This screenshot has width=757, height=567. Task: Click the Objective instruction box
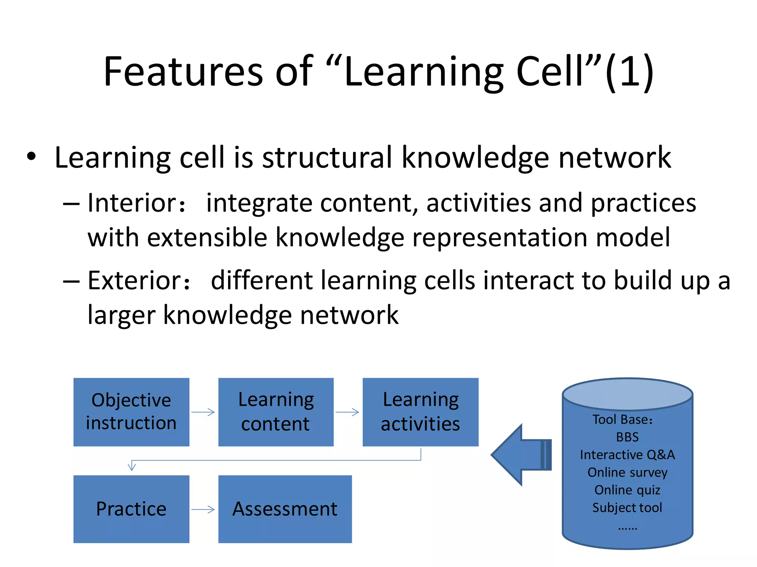pyautogui.click(x=131, y=412)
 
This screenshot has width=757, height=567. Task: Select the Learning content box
pyautogui.click(x=276, y=412)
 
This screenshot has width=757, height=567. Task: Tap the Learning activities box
pyautogui.click(x=420, y=412)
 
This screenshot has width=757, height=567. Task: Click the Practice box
pyautogui.click(x=131, y=509)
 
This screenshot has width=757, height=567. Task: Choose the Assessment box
pyautogui.click(x=285, y=509)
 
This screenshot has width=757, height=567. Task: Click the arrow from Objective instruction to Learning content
pyautogui.click(x=203, y=412)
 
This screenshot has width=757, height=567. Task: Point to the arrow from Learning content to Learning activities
pyautogui.click(x=347, y=412)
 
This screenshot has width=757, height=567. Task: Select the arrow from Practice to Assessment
pyautogui.click(x=203, y=510)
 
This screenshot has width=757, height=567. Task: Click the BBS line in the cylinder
pyautogui.click(x=627, y=437)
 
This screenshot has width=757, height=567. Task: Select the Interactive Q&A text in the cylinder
pyautogui.click(x=627, y=454)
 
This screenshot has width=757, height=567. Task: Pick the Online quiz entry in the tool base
pyautogui.click(x=627, y=490)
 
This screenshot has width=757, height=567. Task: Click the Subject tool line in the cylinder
pyautogui.click(x=627, y=508)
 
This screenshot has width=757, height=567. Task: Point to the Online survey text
pyautogui.click(x=627, y=472)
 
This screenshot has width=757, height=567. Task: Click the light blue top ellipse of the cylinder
pyautogui.click(x=627, y=394)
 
